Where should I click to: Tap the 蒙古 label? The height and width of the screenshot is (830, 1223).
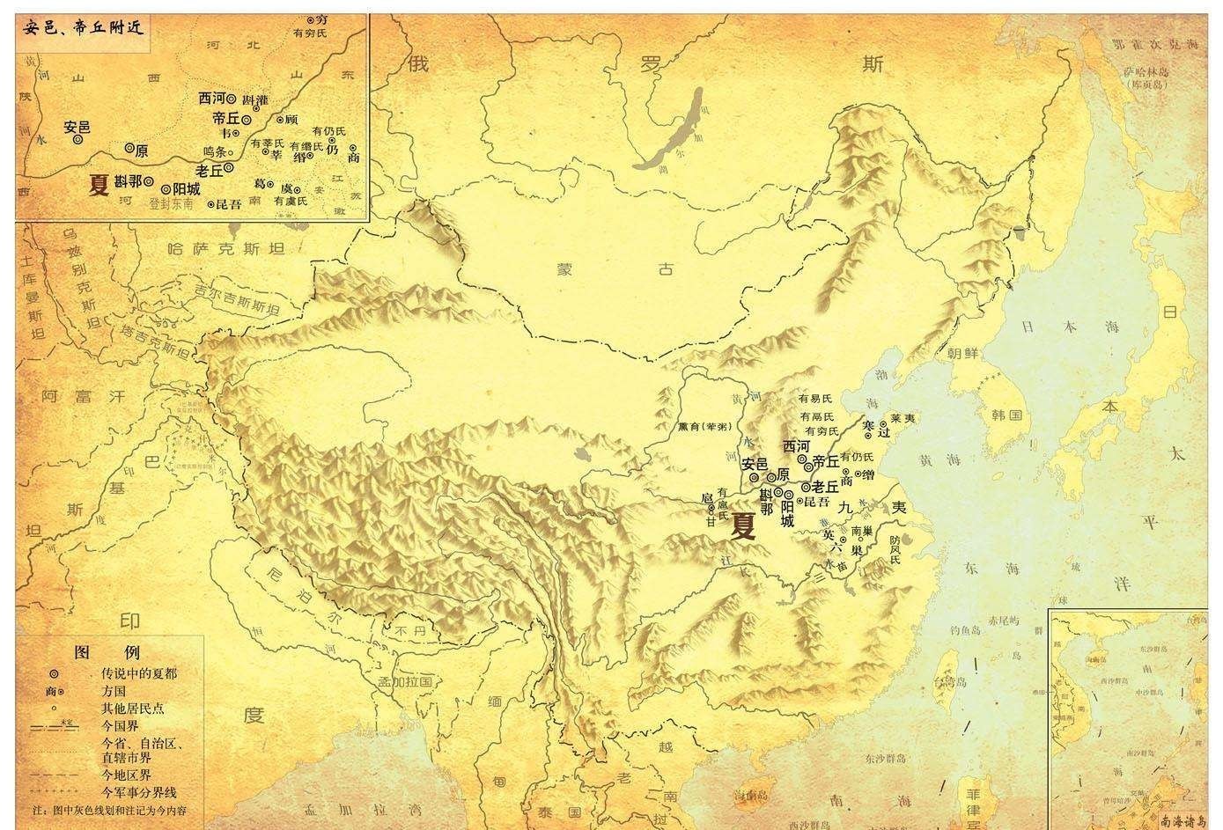pyautogui.click(x=616, y=269)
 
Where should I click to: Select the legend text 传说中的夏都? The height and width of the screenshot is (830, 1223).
pyautogui.click(x=139, y=673)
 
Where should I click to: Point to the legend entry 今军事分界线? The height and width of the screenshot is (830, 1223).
pyautogui.click(x=140, y=793)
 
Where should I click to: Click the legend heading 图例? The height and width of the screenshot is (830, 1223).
pyautogui.click(x=107, y=652)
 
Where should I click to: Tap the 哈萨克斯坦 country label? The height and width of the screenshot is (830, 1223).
pyautogui.click(x=226, y=249)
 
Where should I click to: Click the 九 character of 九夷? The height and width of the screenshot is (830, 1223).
pyautogui.click(x=845, y=507)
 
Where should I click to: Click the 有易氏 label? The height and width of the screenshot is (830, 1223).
pyautogui.click(x=814, y=399)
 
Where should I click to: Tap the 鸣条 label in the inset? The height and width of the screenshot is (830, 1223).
pyautogui.click(x=215, y=151)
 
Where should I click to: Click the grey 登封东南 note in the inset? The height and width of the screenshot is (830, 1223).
pyautogui.click(x=171, y=203)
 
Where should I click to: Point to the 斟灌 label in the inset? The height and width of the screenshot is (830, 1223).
pyautogui.click(x=254, y=99)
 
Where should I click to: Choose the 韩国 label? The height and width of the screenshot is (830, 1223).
pyautogui.click(x=1006, y=415)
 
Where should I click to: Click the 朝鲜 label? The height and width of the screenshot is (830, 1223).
pyautogui.click(x=962, y=353)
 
